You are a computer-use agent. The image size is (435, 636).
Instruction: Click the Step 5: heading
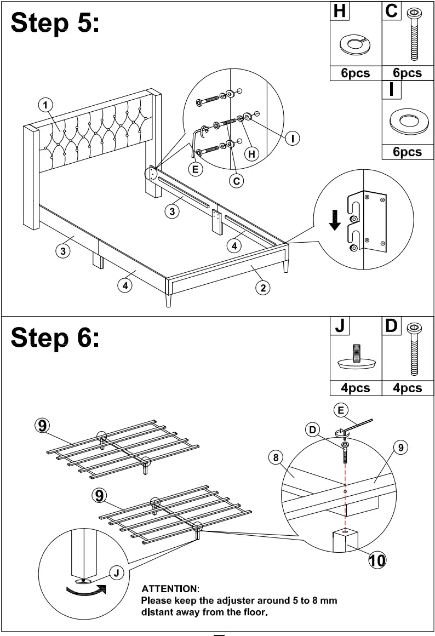point(55,23)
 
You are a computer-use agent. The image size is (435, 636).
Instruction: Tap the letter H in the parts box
point(340,11)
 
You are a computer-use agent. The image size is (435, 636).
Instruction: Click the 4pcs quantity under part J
point(356,388)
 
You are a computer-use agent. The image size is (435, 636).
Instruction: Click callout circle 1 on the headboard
point(45,105)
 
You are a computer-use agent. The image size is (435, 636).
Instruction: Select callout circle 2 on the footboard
point(263,288)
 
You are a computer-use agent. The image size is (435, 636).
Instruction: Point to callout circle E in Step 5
point(195,169)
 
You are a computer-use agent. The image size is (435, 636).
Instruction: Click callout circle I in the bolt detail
point(293,138)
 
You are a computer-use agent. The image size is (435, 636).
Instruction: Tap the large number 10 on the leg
point(377,560)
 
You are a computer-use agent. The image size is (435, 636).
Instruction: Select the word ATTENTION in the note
point(170,589)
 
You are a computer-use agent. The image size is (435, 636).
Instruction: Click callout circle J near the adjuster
point(116,573)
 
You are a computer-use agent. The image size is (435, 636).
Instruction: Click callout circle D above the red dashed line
point(313,430)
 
